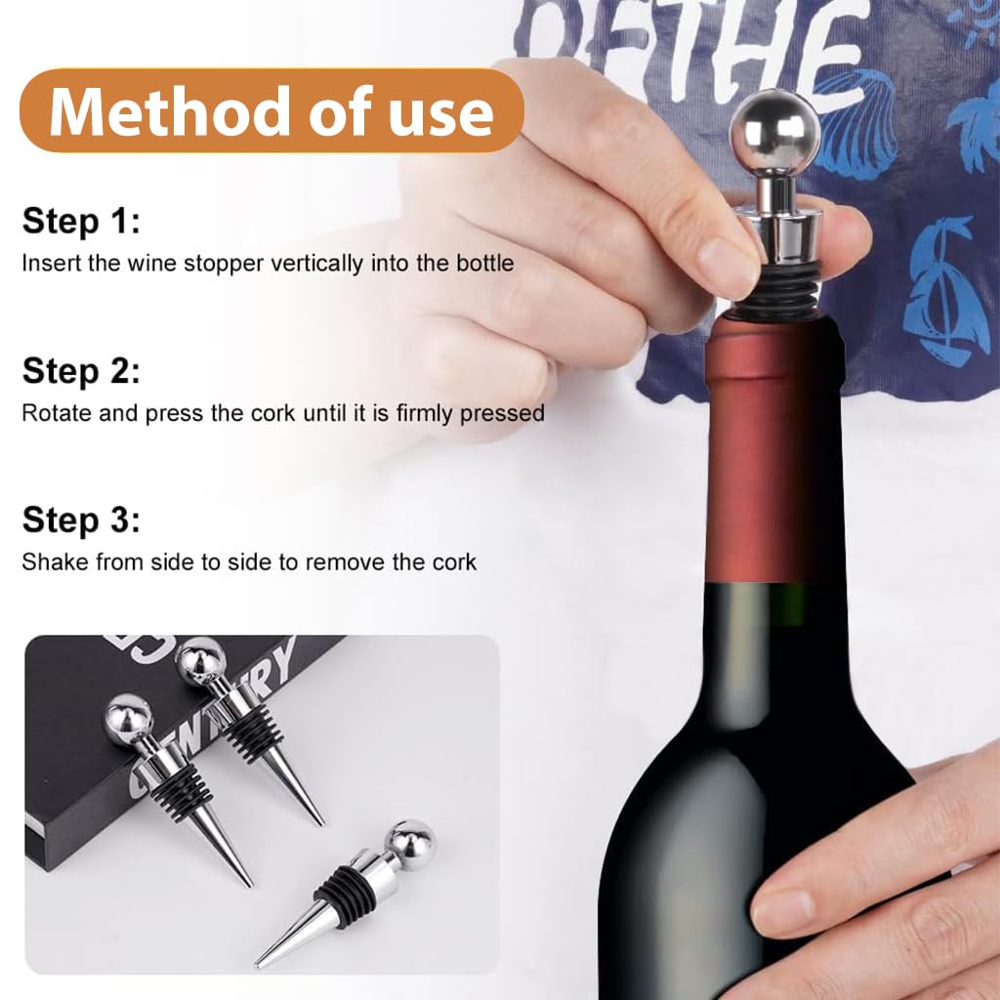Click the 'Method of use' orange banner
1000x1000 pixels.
click(271, 111)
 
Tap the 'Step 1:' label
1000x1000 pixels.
click(81, 221)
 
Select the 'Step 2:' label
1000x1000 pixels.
click(81, 371)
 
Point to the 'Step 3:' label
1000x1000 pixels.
click(81, 520)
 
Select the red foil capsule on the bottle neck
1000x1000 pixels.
click(771, 449)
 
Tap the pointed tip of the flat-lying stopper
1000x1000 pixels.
click(262, 962)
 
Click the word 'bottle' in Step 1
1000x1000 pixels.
click(486, 263)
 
